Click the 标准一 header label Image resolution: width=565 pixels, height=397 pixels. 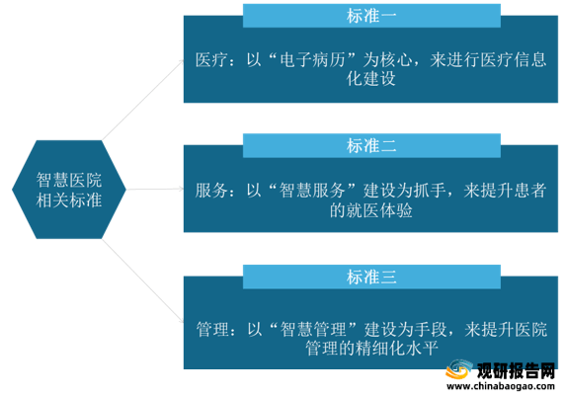click(371, 16)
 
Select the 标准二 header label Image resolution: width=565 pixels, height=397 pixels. click(371, 146)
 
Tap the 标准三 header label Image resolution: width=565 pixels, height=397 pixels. click(371, 278)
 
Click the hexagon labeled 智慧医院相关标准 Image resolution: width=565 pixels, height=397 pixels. click(69, 190)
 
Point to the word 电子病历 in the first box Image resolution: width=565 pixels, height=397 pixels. click(312, 60)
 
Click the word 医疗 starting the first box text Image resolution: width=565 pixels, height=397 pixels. click(211, 60)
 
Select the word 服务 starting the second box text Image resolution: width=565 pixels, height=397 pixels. click(211, 191)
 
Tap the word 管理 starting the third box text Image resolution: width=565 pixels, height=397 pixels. click(212, 329)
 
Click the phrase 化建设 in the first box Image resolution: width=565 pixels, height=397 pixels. click(371, 79)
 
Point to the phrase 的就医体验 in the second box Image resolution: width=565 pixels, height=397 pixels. click(371, 210)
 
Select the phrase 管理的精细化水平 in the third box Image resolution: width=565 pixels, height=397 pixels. click(371, 349)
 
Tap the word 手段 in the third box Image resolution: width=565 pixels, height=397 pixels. click(431, 329)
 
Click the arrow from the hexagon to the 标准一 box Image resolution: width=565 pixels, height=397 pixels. click(143, 100)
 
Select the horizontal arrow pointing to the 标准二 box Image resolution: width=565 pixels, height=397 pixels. click(155, 190)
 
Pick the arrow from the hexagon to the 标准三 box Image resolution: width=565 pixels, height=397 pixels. click(143, 281)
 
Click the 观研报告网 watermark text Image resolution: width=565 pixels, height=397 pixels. click(516, 370)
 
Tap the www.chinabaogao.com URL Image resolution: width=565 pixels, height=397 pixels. click(501, 386)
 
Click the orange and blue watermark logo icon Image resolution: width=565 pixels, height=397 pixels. click(459, 369)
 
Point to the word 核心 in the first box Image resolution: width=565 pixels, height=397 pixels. click(396, 60)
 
